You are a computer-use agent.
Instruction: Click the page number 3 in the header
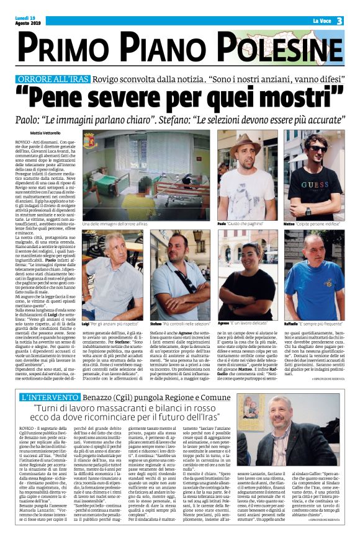pos(340,20)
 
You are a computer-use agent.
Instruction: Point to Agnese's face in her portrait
pos(246,254)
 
